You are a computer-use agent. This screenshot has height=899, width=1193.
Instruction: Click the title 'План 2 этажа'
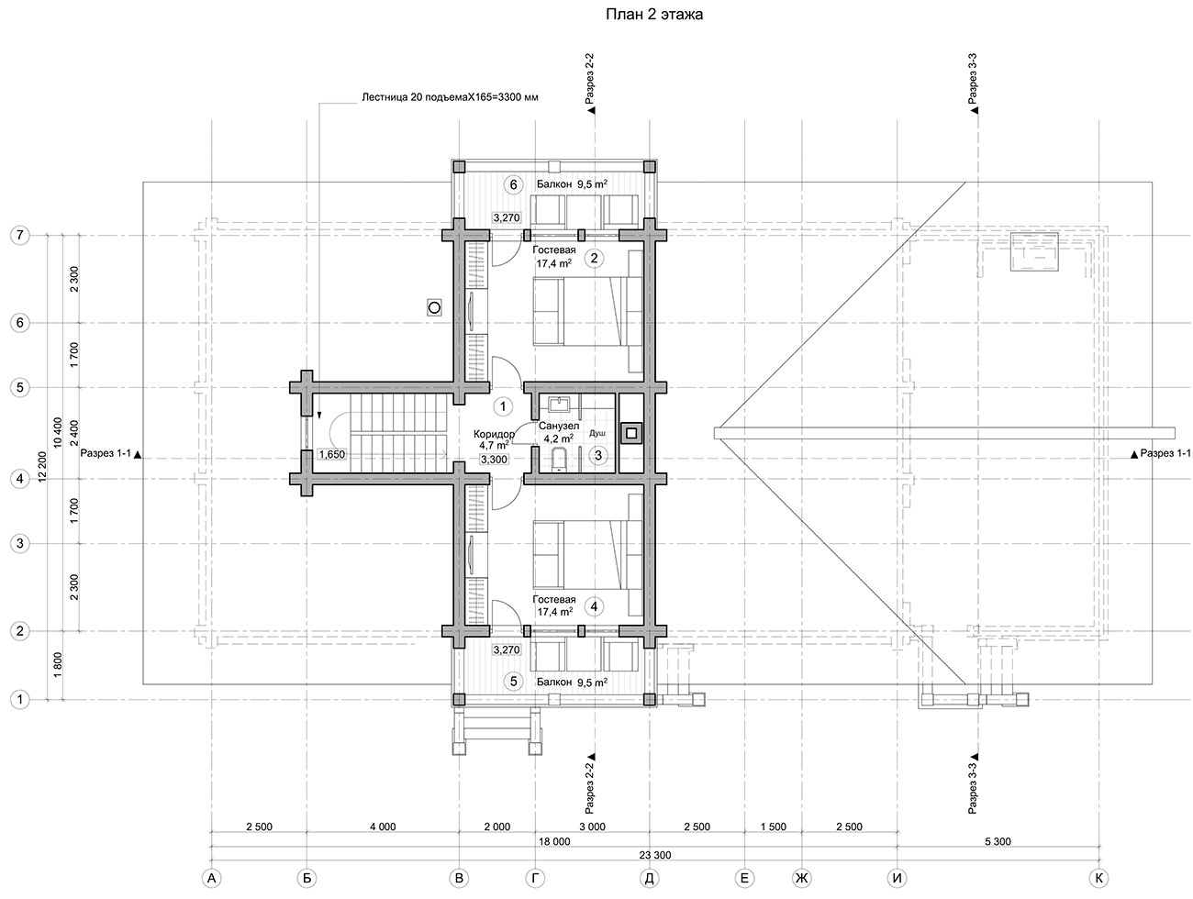pyautogui.click(x=653, y=14)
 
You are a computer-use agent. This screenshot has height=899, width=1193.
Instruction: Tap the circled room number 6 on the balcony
pyautogui.click(x=513, y=185)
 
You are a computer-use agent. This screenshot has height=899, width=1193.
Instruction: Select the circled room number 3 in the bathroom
pyautogui.click(x=598, y=456)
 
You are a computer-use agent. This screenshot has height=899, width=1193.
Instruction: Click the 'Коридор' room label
pyautogui.click(x=494, y=434)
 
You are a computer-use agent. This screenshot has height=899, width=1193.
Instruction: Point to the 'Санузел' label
pyautogui.click(x=559, y=427)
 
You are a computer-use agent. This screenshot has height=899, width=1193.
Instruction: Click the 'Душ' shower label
pyautogui.click(x=596, y=434)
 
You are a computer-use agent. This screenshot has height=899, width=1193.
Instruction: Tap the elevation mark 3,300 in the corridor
pyautogui.click(x=494, y=460)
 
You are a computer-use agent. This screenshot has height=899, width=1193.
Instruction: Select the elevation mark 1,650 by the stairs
pyautogui.click(x=331, y=454)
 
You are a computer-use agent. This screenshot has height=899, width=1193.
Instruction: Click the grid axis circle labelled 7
pyautogui.click(x=20, y=235)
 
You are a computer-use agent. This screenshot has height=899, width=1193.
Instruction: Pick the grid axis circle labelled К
pyautogui.click(x=1099, y=878)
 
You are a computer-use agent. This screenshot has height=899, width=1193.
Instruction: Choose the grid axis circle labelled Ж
pyautogui.click(x=802, y=878)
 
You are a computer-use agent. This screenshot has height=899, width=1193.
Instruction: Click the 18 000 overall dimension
pyautogui.click(x=554, y=841)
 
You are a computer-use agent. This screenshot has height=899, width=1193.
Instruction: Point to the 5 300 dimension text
pyautogui.click(x=998, y=841)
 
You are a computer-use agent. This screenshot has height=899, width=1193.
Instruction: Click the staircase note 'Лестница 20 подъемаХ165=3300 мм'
pyautogui.click(x=450, y=98)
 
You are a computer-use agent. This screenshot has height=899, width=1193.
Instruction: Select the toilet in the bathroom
pyautogui.click(x=558, y=460)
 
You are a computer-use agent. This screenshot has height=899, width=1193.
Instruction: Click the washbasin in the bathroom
pyautogui.click(x=558, y=405)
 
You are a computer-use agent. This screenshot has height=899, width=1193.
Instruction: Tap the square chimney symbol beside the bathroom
pyautogui.click(x=631, y=433)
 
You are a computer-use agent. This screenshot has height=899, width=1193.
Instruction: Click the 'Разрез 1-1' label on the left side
pyautogui.click(x=106, y=453)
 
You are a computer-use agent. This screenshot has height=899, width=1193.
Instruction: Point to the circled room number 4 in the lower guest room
pyautogui.click(x=594, y=606)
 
